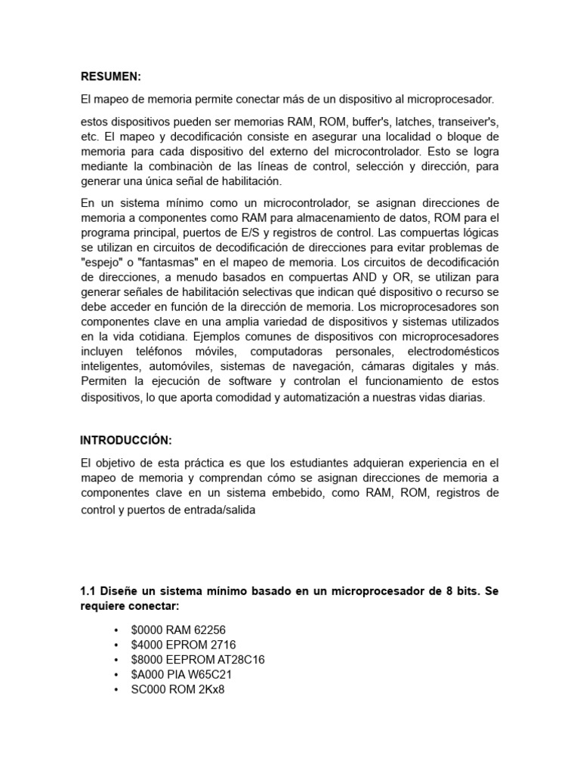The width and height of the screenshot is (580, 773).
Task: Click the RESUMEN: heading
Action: [x=111, y=76]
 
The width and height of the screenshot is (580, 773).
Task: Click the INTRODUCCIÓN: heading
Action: [x=126, y=440]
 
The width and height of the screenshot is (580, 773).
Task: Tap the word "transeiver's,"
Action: [x=467, y=121]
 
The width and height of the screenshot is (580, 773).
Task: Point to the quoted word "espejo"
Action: [x=102, y=262]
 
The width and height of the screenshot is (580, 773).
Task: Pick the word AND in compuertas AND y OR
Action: [x=373, y=276]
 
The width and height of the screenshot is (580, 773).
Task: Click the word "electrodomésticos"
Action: [x=452, y=352]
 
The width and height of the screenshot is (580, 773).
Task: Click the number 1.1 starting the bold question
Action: [x=88, y=591]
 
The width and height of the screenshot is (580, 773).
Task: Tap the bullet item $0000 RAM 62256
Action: [x=178, y=630]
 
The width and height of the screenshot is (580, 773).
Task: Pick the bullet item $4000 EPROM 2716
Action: [x=184, y=645]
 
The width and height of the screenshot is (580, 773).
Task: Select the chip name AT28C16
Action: [x=237, y=659]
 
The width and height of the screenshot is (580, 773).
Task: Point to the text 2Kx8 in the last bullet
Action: [x=209, y=688]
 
